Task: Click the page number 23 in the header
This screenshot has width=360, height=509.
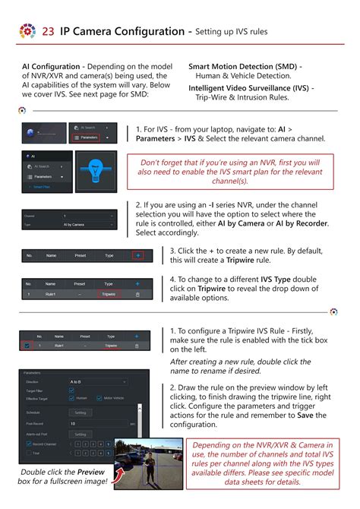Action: click(x=48, y=32)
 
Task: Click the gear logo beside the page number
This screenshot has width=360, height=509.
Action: click(x=27, y=32)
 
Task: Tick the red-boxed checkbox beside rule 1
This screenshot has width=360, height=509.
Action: click(x=27, y=346)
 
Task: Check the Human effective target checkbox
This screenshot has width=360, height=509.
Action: click(x=72, y=398)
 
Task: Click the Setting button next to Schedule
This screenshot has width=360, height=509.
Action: click(x=80, y=413)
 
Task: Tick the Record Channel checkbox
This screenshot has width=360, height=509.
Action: click(x=27, y=443)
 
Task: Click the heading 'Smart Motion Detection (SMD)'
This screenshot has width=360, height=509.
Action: click(x=245, y=66)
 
